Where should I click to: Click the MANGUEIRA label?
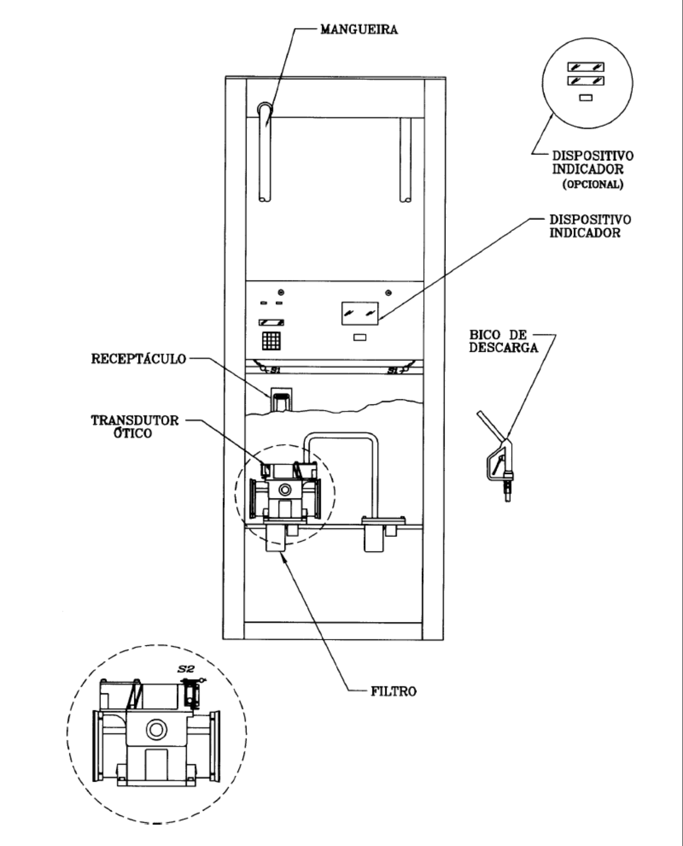pos(359,30)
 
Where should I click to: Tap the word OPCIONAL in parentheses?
pos(593,184)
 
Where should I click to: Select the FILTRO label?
pos(393,691)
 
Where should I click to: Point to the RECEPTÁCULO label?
pos(138,359)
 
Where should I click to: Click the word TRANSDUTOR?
pos(135,420)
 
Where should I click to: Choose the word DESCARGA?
pos(504,348)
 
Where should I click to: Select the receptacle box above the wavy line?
pos(280,399)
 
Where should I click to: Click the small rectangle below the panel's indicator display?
pos(360,337)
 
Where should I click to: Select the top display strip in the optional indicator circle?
pos(586,67)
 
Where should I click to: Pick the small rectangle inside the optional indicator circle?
pos(586,98)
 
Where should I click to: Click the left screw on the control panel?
pos(281,293)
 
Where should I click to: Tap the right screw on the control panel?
pos(388,294)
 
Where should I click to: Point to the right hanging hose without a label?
pos(406,160)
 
